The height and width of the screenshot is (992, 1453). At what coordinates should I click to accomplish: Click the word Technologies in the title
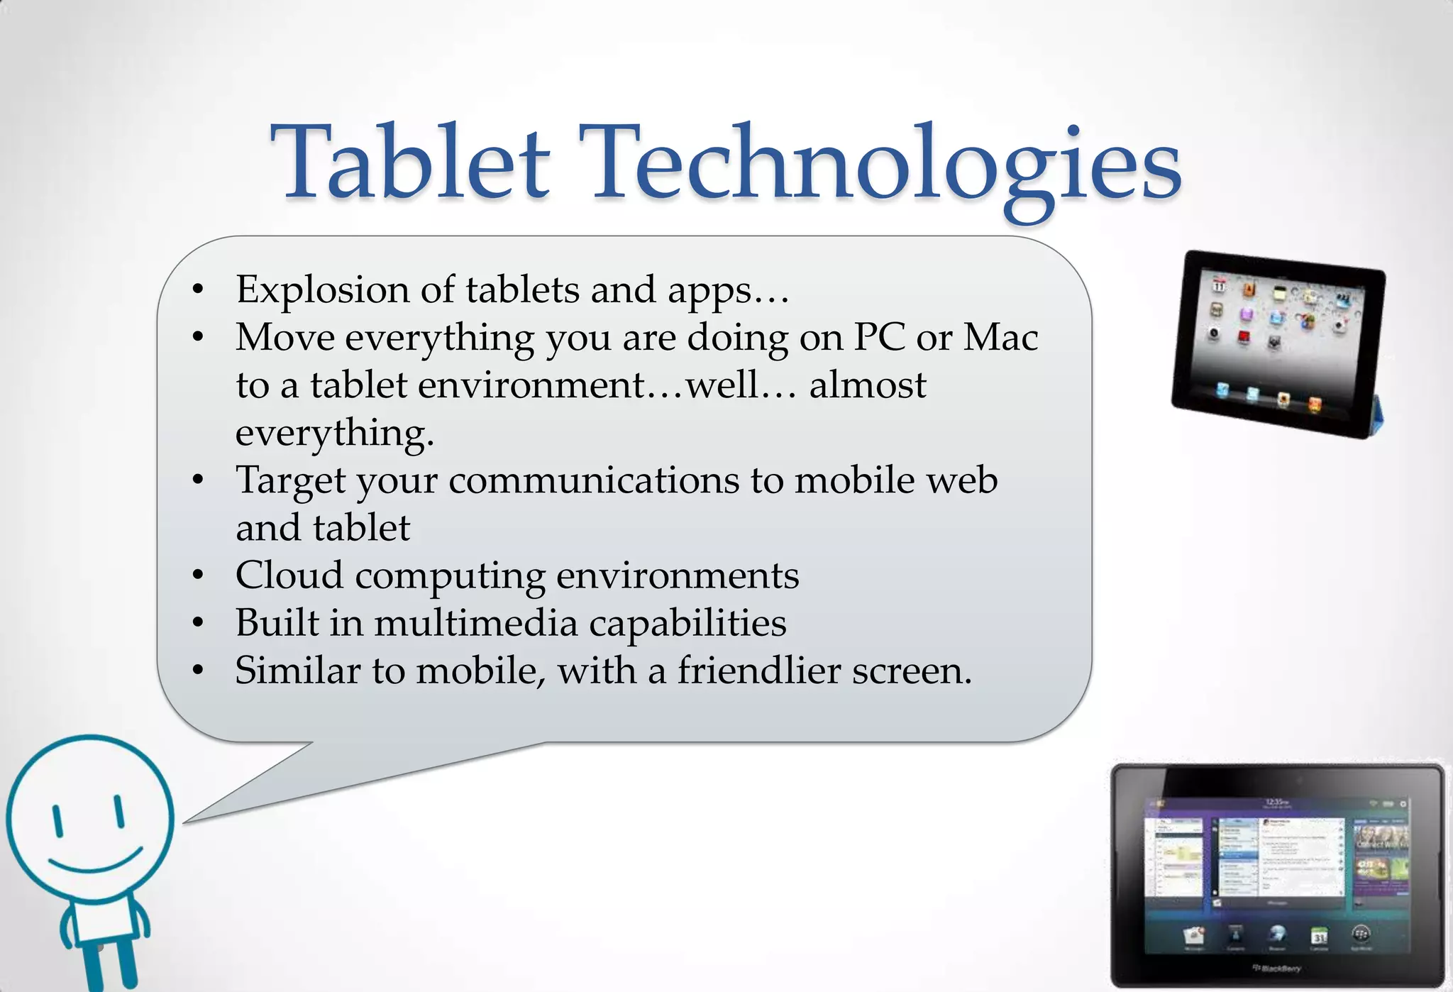click(x=880, y=165)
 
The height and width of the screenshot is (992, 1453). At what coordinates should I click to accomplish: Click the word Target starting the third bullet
click(x=291, y=481)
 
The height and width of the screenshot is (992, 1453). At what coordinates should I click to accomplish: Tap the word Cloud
click(x=289, y=575)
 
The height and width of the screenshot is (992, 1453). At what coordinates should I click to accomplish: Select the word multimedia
click(x=475, y=623)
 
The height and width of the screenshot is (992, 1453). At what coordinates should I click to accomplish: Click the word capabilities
click(x=687, y=623)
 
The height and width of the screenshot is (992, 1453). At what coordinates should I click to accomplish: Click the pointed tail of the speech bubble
click(x=213, y=812)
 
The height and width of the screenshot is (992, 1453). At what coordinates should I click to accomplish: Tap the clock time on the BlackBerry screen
click(x=1275, y=803)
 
